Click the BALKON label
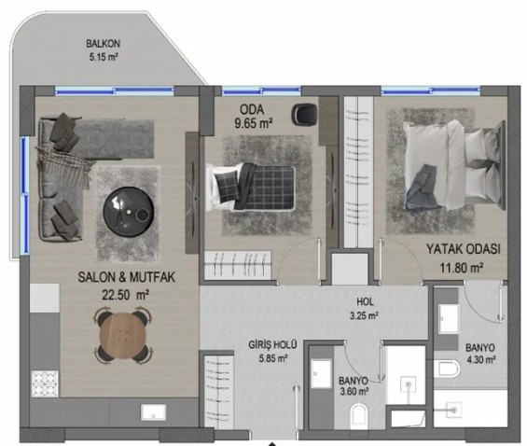coord(103,44)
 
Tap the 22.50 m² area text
coord(126,295)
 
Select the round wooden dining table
coord(123,335)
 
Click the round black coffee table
coord(129,212)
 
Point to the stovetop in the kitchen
coord(45,383)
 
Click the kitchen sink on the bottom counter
coord(153,412)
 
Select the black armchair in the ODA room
coord(304,114)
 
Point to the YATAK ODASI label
coord(464,249)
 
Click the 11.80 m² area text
coord(462,268)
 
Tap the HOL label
coord(365,301)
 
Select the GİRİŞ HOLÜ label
coord(272,344)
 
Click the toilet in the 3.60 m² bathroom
coord(359,416)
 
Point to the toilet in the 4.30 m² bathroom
coord(447,369)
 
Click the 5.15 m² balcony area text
coord(104,57)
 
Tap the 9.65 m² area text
coord(254,123)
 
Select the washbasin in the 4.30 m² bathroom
coord(449,318)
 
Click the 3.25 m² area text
coord(364,316)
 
